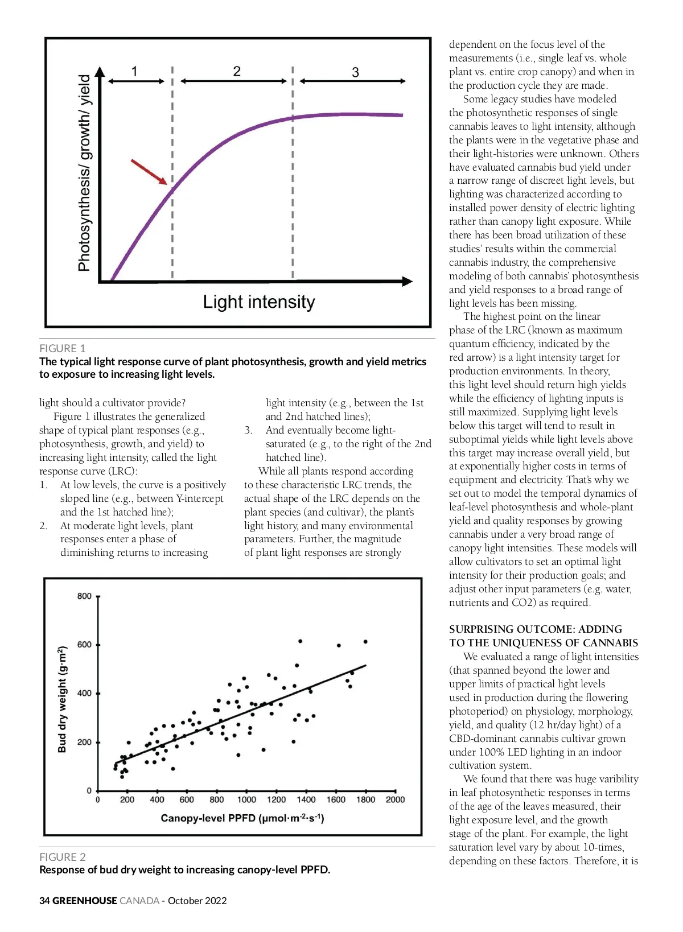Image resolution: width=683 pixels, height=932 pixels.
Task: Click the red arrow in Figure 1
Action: pyautogui.click(x=149, y=172)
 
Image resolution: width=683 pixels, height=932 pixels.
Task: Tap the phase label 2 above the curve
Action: pyautogui.click(x=237, y=72)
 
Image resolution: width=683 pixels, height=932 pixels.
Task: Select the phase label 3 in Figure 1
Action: pyautogui.click(x=355, y=73)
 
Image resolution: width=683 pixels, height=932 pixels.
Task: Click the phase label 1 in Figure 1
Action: pyautogui.click(x=134, y=72)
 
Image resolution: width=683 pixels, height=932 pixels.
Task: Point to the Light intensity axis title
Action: pyautogui.click(x=259, y=302)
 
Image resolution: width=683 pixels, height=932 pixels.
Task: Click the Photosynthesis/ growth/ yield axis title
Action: pyautogui.click(x=84, y=172)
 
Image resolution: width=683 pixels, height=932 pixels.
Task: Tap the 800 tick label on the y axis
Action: pyautogui.click(x=84, y=596)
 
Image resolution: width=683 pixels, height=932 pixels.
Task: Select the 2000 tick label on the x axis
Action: pyautogui.click(x=395, y=799)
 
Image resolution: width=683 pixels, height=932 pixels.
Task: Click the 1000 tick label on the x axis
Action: pyautogui.click(x=246, y=799)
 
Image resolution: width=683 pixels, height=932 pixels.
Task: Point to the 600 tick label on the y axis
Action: pyautogui.click(x=84, y=645)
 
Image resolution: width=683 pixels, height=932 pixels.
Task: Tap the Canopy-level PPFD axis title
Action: pyautogui.click(x=242, y=818)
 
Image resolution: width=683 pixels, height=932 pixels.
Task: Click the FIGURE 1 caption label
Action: pyautogui.click(x=62, y=348)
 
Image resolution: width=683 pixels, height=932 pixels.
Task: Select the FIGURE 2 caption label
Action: pyautogui.click(x=63, y=857)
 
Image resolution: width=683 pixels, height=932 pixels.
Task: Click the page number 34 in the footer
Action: pyautogui.click(x=44, y=901)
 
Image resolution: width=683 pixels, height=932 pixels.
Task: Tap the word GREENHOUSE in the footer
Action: pyautogui.click(x=84, y=901)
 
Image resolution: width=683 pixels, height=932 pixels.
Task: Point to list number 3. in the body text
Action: pyautogui.click(x=248, y=430)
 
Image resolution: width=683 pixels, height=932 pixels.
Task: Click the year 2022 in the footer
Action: pyautogui.click(x=215, y=901)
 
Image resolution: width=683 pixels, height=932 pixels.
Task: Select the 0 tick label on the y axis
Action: pyautogui.click(x=89, y=791)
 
